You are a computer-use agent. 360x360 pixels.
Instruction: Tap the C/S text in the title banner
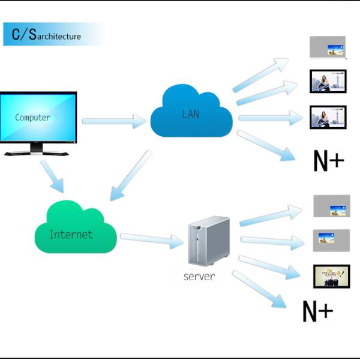coord(24,34)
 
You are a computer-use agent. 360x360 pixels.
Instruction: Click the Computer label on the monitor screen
coord(33,118)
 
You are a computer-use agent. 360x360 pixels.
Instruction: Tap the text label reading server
coord(199,277)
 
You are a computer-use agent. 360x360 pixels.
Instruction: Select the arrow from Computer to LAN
coord(114,121)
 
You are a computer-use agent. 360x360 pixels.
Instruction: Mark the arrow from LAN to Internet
coord(130,175)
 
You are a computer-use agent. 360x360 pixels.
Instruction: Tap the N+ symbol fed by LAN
coord(329,160)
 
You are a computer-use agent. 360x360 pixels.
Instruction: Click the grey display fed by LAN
coord(328,47)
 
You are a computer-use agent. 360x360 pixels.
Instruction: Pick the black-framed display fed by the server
coord(331,276)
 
